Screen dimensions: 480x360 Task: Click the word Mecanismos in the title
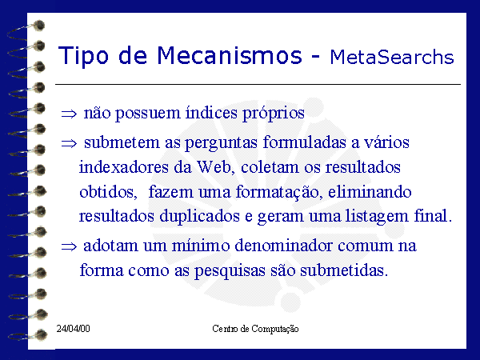click(x=230, y=55)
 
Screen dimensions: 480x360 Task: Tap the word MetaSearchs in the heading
click(x=392, y=57)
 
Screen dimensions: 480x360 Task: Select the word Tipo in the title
click(x=83, y=57)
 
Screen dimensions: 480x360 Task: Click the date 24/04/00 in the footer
click(x=73, y=329)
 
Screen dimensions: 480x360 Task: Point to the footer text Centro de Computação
click(x=255, y=329)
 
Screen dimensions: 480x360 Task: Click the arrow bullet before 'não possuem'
click(x=69, y=114)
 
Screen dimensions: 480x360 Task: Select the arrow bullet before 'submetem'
click(x=69, y=143)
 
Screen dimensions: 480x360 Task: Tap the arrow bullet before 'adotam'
click(x=69, y=246)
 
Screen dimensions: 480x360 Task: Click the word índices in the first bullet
click(x=211, y=112)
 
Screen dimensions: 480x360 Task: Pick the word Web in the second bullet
click(x=214, y=167)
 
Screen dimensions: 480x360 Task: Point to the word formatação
click(x=278, y=192)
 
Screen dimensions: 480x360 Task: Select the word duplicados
click(x=199, y=216)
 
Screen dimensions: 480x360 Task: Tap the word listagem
click(x=377, y=217)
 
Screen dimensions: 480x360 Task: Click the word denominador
click(x=284, y=246)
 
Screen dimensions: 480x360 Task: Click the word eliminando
click(x=370, y=192)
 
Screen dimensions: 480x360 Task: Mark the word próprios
click(x=274, y=114)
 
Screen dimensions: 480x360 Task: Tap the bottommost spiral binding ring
click(x=27, y=335)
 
